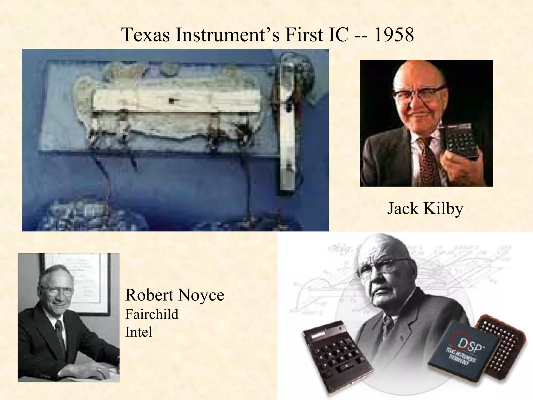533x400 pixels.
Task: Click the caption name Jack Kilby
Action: click(425, 209)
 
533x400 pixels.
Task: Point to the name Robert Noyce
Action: click(175, 295)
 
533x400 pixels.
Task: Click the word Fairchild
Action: click(152, 314)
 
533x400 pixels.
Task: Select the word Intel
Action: click(138, 332)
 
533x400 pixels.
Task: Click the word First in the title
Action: click(303, 35)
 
